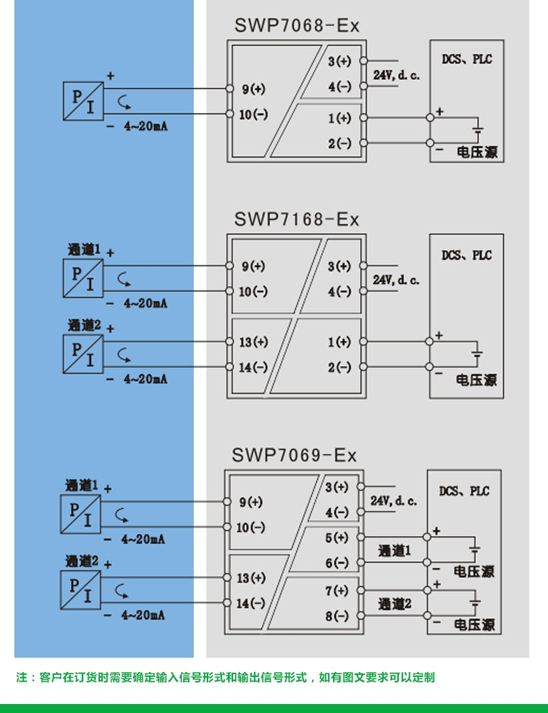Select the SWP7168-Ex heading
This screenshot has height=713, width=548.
point(296,219)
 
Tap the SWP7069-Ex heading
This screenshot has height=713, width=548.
point(294,455)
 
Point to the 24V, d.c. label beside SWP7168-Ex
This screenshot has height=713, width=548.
point(396,280)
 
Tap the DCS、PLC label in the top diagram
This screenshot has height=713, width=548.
point(466,60)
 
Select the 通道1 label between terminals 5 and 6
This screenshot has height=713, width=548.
point(395,551)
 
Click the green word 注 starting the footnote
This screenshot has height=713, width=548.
point(22,677)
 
